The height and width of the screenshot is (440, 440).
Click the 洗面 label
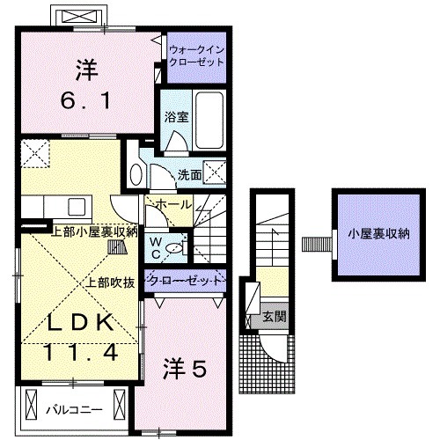189,174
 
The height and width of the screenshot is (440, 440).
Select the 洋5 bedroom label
185,370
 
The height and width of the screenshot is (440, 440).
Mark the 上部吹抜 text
110,283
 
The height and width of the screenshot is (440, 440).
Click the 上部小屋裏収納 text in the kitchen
95,231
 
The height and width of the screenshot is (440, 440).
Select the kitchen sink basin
74,206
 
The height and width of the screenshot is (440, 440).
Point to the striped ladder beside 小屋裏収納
312,242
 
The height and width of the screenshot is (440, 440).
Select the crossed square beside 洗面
214,172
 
